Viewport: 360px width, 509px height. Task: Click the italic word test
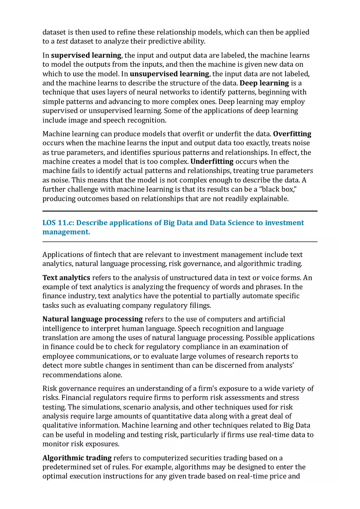(x=62, y=41)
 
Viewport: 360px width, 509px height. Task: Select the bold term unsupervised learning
(x=169, y=74)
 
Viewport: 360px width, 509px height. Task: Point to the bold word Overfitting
(x=292, y=134)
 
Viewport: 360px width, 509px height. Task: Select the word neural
(x=156, y=92)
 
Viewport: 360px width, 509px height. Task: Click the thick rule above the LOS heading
(x=180, y=211)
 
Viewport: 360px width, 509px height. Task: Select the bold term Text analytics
(x=66, y=278)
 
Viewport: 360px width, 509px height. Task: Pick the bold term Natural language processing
(x=92, y=319)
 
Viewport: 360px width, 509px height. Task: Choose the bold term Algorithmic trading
(x=77, y=458)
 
